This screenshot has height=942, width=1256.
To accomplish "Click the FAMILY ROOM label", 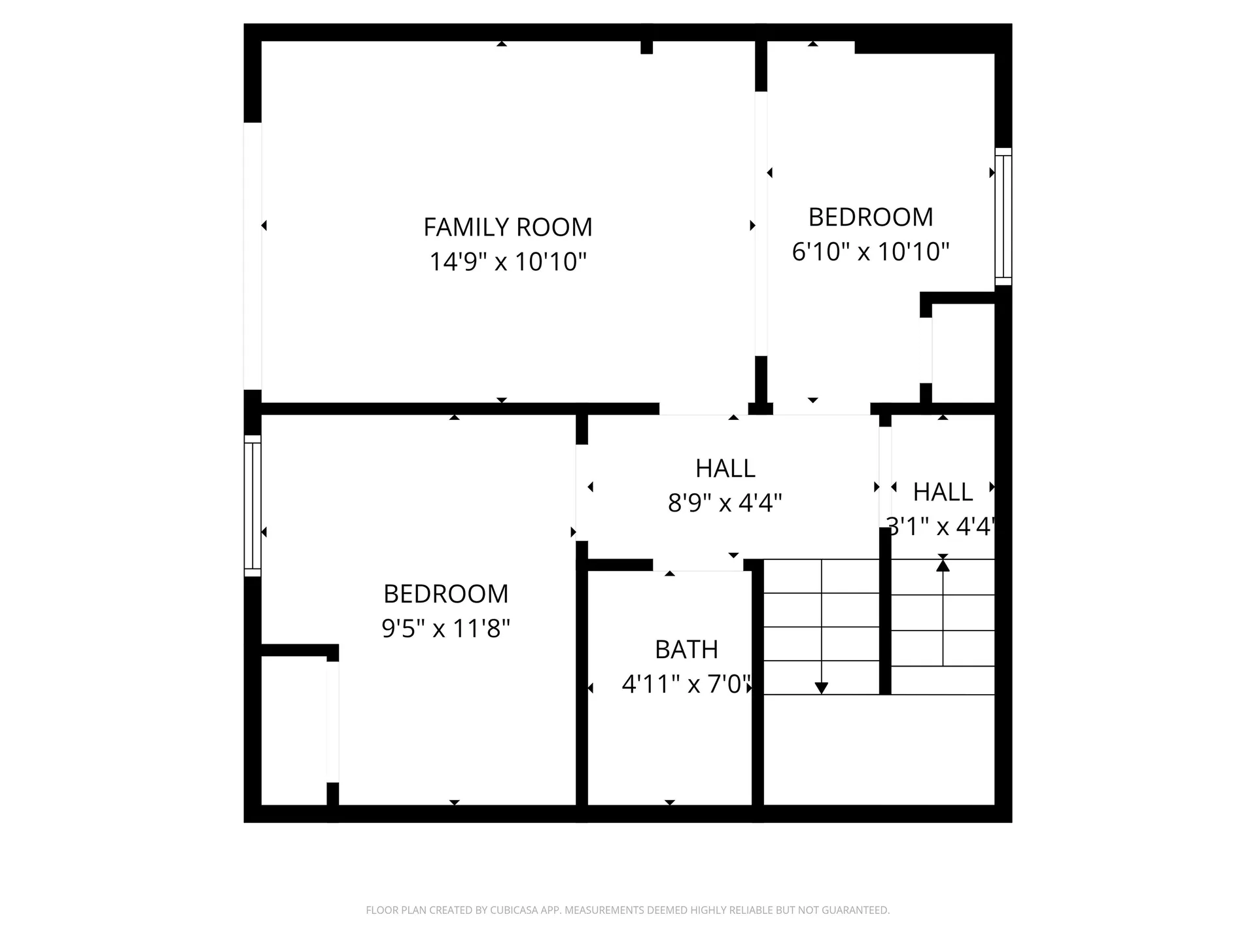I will pos(508,227).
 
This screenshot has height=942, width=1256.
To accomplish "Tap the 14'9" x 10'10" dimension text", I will pos(508,262).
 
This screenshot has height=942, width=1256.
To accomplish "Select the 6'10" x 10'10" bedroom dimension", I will pos(870,251).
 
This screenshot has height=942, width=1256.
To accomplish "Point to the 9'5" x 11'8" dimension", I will pos(445,629).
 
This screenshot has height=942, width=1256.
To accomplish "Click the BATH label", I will pos(686,650).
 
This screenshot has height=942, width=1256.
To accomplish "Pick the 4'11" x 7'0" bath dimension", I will pos(686,684).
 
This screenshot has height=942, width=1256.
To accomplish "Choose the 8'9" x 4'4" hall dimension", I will pos(725,503).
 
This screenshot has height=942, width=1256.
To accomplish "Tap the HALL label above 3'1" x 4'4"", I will pos(943,492).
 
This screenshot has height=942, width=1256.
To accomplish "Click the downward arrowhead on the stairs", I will pos(821,688).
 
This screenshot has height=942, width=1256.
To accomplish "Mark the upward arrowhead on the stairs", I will pos(943,565).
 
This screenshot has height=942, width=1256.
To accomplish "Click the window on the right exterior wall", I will pos(1003,217).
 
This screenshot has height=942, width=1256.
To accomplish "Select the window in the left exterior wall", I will pos(253,506).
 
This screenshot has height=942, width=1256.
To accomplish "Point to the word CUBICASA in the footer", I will pos(516,910).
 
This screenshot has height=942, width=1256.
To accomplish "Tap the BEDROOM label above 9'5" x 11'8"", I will pos(445,594).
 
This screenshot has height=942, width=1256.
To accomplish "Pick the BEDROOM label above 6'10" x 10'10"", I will pos(870,217).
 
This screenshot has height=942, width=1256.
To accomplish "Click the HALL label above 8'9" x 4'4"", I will pos(725,468).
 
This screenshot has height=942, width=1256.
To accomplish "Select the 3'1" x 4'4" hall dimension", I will pos(941,526).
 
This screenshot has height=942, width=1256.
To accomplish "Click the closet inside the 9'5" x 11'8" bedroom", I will pos(294,729).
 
